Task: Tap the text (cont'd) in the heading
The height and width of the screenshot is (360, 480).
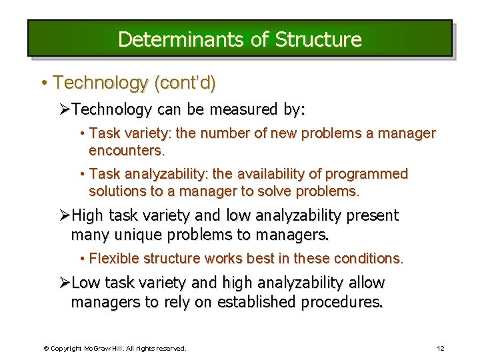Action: (185, 83)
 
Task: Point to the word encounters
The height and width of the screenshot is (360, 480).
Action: (127, 150)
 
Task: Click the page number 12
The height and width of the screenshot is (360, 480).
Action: (440, 348)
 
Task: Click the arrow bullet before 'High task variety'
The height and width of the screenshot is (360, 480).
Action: (65, 215)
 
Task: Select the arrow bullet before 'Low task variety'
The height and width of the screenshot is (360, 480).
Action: (65, 283)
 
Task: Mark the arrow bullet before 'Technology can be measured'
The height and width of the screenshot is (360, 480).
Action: (65, 109)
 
